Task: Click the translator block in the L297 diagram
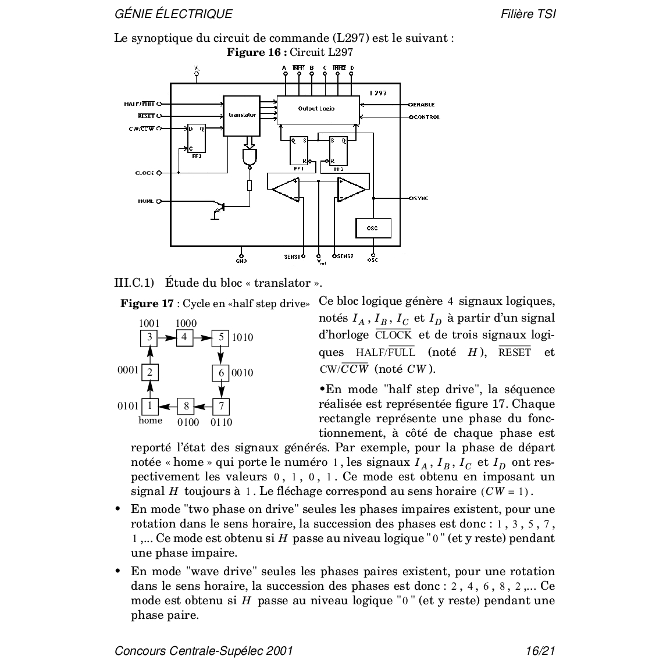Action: click(241, 115)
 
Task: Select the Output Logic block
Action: click(318, 109)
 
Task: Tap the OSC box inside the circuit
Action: click(372, 228)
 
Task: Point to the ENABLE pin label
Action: click(424, 105)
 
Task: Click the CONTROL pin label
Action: click(427, 117)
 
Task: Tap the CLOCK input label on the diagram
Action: click(144, 173)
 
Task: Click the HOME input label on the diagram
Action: click(146, 201)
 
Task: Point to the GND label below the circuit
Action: click(241, 261)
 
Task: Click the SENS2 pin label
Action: click(345, 256)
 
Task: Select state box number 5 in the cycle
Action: click(221, 337)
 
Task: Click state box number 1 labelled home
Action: click(149, 405)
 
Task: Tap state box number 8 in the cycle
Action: click(186, 405)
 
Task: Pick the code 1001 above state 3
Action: click(149, 323)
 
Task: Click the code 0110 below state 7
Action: click(221, 422)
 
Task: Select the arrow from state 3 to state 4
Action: click(167, 337)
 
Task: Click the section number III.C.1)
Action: click(134, 283)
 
